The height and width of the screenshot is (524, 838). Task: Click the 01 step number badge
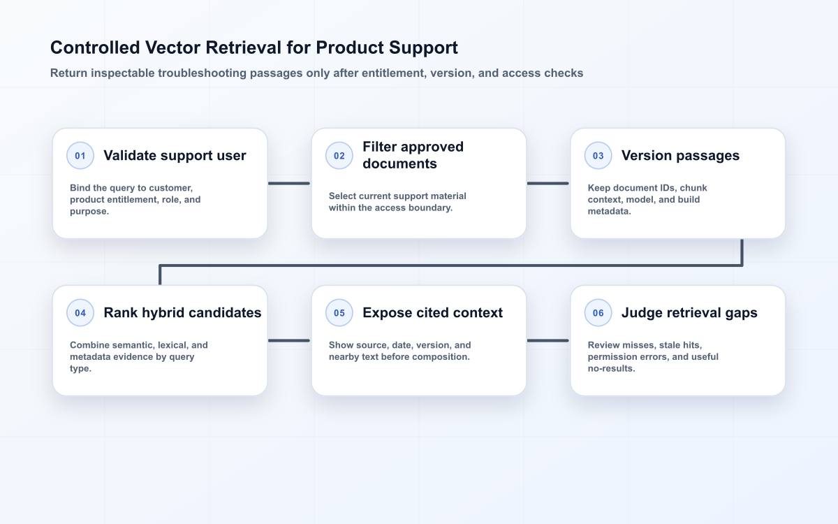coord(80,155)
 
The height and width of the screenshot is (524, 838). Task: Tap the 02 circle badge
coord(339,155)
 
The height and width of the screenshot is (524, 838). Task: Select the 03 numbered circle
coord(598,155)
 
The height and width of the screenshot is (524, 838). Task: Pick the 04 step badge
coord(80,312)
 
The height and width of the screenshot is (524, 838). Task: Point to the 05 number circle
coord(339,312)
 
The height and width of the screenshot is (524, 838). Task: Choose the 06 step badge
coord(598,312)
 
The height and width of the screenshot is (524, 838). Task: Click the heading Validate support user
coord(175,155)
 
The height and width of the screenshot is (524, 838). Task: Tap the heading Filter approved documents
coord(413,155)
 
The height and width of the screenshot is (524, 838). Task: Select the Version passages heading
coord(680,155)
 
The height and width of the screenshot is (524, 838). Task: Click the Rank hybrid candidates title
coord(182,312)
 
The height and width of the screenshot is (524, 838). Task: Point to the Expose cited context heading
coord(432,312)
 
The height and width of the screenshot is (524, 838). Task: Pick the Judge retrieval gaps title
coord(689,312)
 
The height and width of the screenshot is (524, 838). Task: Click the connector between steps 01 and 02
coord(289,183)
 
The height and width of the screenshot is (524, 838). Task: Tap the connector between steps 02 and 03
coord(548,183)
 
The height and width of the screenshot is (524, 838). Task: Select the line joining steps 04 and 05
coord(289,341)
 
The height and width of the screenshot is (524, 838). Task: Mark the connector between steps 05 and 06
coord(548,341)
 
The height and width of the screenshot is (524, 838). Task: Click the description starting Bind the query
coord(135,200)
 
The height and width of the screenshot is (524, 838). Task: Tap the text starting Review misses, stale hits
coord(653,357)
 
